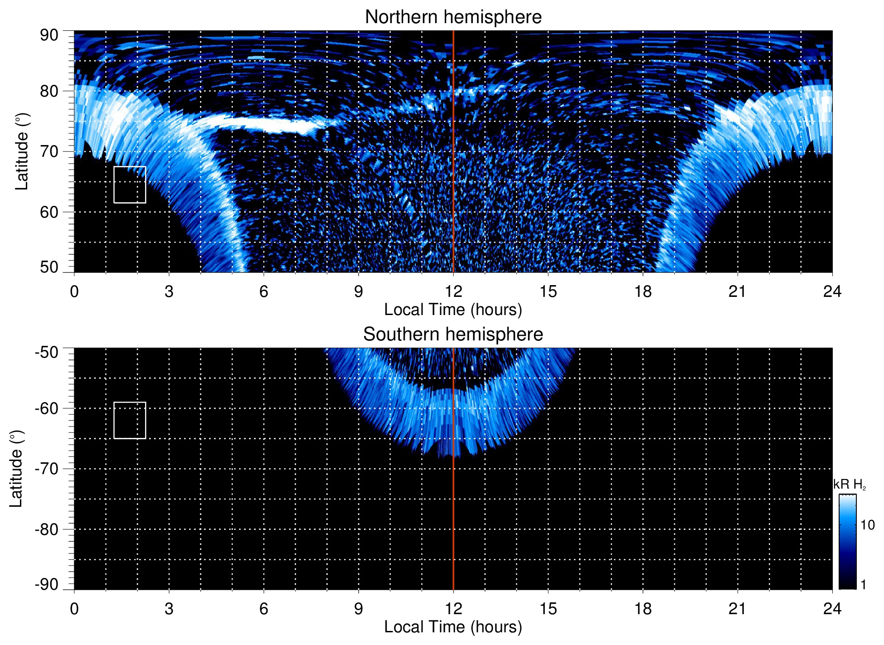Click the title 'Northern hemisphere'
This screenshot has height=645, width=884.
[x=453, y=17]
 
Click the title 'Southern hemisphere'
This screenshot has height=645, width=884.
[x=453, y=335]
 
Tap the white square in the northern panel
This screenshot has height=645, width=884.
[x=130, y=184]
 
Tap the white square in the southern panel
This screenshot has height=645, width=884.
[x=130, y=420]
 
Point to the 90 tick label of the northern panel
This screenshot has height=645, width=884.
[x=49, y=35]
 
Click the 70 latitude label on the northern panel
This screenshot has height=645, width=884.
[x=49, y=151]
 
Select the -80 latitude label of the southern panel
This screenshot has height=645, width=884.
[x=47, y=529]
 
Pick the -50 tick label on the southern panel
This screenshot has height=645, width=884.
[x=47, y=353]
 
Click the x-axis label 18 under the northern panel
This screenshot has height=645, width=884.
[x=643, y=291]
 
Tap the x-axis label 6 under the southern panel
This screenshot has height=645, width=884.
[x=264, y=609]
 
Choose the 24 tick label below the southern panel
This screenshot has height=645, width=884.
[x=832, y=609]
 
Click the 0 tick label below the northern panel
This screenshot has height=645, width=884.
[x=74, y=291]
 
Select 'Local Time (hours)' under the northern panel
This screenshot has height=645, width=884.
[x=453, y=310]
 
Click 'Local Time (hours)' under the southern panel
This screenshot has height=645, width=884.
[x=453, y=627]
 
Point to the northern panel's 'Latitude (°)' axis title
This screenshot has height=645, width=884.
[x=22, y=151]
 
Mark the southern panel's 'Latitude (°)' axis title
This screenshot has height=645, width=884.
[x=16, y=469]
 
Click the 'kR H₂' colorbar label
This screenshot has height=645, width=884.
[x=850, y=485]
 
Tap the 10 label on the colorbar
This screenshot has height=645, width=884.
[x=867, y=525]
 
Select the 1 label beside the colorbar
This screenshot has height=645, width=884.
[x=863, y=585]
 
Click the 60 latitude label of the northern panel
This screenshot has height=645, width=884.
[x=49, y=212]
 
